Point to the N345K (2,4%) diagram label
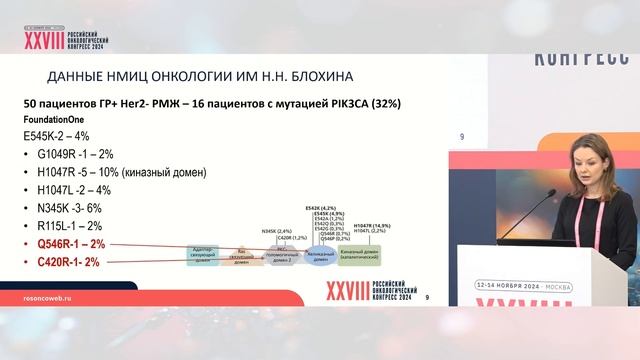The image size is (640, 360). (276, 231)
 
